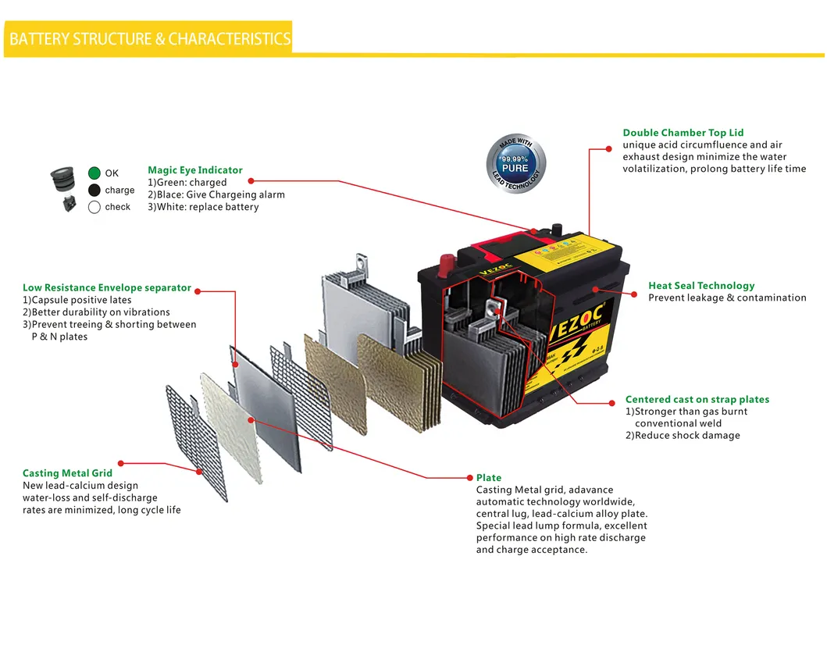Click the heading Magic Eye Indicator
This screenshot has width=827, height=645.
click(194, 170)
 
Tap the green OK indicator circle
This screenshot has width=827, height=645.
click(94, 173)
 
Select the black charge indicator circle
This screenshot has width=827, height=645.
click(94, 191)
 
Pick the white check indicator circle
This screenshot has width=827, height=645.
click(94, 207)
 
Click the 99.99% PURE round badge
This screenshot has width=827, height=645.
click(515, 162)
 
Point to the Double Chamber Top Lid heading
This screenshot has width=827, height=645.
click(683, 133)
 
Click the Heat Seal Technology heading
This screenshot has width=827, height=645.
click(701, 286)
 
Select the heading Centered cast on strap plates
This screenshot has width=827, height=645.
click(697, 400)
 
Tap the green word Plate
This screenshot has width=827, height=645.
click(489, 478)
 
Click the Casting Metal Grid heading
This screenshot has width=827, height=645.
click(67, 473)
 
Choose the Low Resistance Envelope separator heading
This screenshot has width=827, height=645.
click(106, 288)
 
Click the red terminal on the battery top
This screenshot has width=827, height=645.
click(447, 260)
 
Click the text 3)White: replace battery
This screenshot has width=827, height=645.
click(203, 207)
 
